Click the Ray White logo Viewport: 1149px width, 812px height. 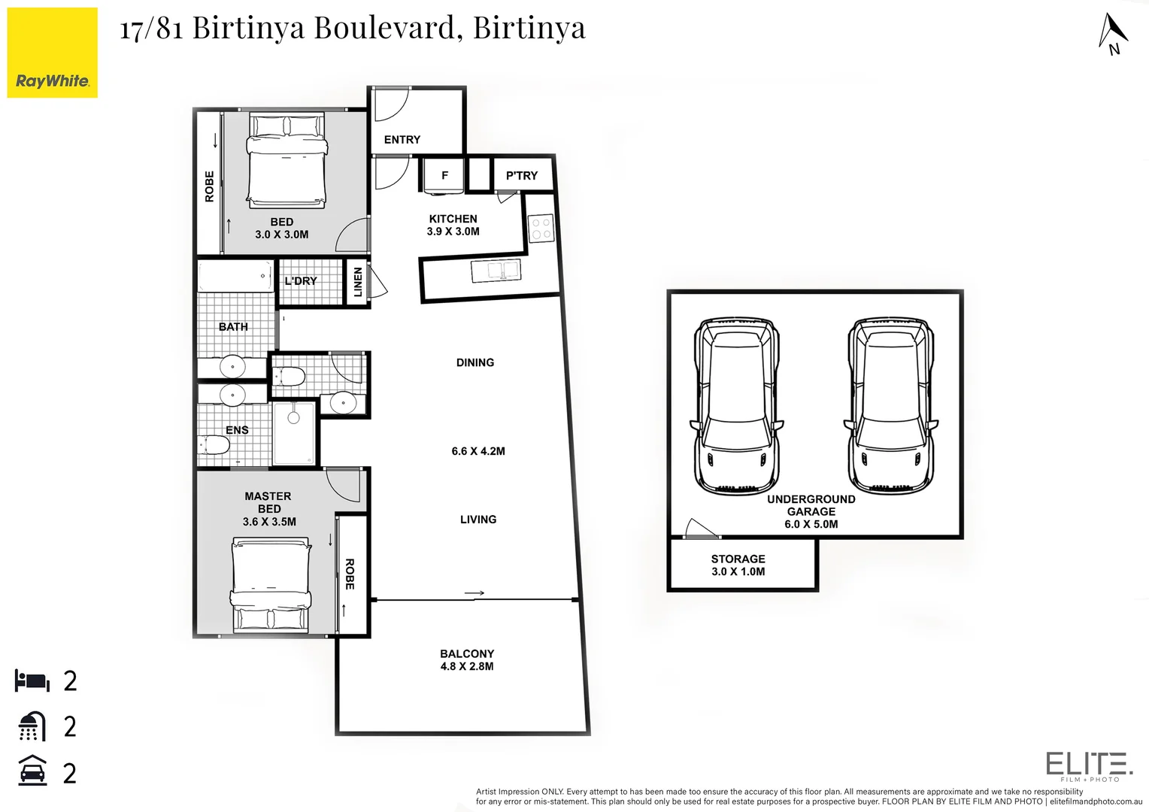coord(52,53)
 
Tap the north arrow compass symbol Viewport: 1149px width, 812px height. coord(1112,35)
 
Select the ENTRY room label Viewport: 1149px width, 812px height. coord(402,140)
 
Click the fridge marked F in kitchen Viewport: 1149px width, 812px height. coord(444,176)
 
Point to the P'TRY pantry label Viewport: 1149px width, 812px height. coord(521,176)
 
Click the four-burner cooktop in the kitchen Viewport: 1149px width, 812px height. coord(541,229)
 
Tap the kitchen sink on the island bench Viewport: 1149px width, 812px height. coord(496,271)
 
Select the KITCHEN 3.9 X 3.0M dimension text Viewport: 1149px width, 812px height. coord(453,232)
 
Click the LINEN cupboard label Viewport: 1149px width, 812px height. coord(358,282)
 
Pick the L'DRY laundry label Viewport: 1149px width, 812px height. coord(301,281)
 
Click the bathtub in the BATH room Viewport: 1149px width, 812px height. coord(235,276)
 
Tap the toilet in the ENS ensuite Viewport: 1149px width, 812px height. coord(213,445)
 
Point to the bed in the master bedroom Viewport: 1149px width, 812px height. coord(270,585)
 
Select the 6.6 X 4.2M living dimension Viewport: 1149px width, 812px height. coord(478,451)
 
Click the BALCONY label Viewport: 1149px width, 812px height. coord(467,654)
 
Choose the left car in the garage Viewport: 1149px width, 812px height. coord(737,406)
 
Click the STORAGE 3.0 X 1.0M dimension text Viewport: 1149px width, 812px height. coord(738,571)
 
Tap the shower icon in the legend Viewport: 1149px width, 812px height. coord(31,726)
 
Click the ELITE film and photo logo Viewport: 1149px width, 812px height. coord(1089,765)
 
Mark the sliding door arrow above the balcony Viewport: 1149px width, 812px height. coord(474,593)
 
